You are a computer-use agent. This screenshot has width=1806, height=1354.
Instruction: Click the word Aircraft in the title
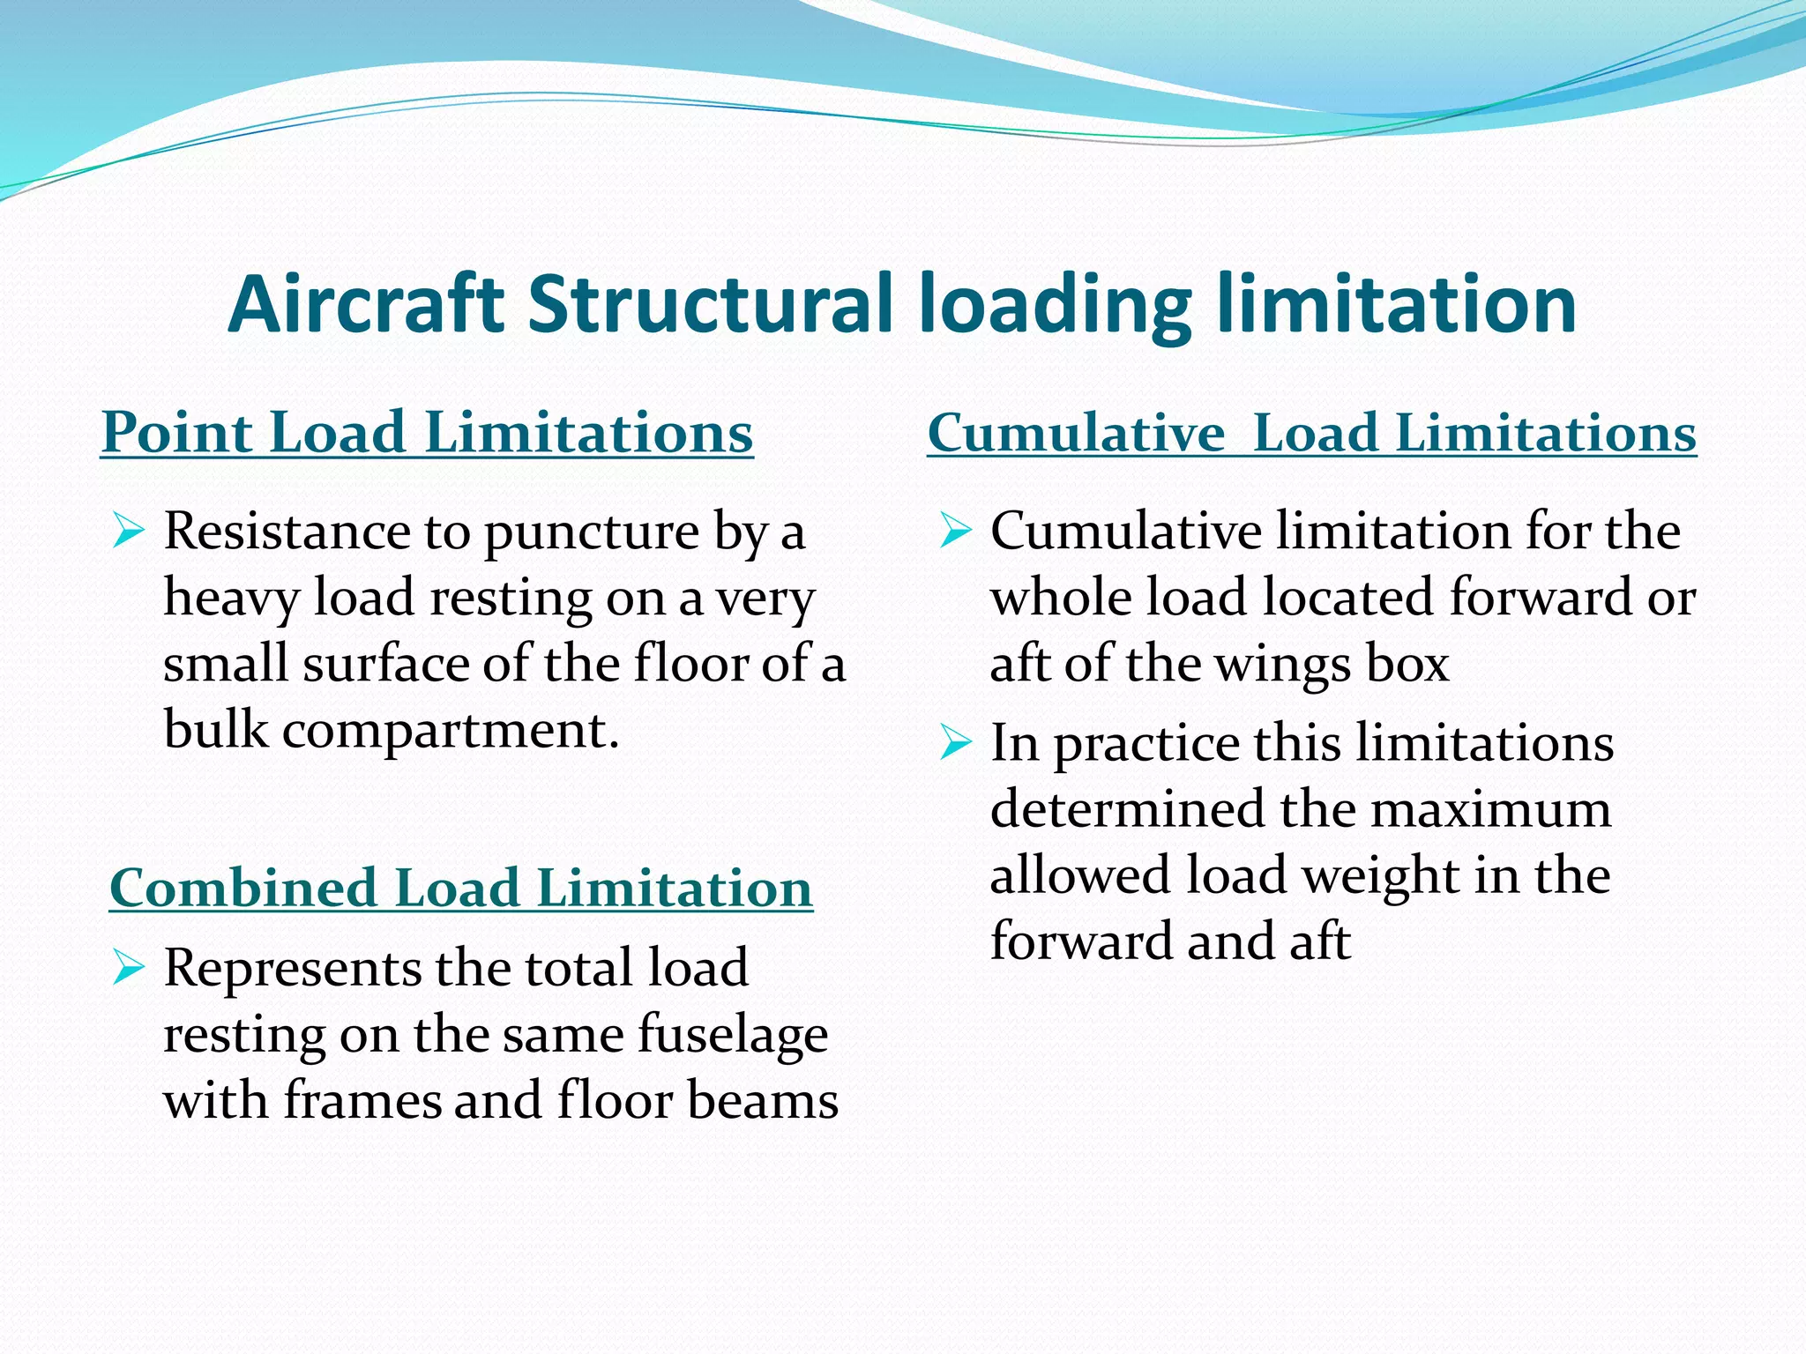click(x=365, y=304)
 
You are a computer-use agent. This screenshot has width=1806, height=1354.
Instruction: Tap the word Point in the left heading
click(x=177, y=433)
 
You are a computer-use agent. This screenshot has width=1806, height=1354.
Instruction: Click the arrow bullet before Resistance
click(x=129, y=532)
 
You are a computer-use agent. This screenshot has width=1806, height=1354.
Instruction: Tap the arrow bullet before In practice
click(x=955, y=742)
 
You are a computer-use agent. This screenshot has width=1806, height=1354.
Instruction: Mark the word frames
click(x=362, y=1101)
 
